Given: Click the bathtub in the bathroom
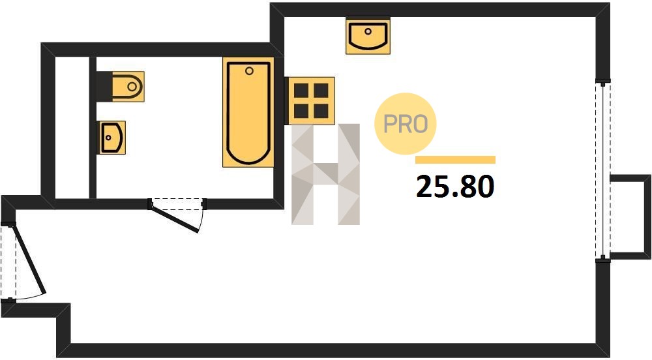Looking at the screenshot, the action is (248, 112).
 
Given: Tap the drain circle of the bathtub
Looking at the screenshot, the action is (249, 70).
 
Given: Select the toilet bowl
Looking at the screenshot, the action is (128, 87).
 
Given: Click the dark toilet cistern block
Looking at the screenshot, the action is (104, 87).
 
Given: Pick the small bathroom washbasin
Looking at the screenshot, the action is (112, 138).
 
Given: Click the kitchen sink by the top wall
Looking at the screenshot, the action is (368, 36).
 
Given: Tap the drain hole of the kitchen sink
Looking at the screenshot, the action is (368, 31).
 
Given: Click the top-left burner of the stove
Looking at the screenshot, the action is (301, 90).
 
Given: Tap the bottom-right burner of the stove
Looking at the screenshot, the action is (321, 111).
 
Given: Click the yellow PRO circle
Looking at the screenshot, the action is (406, 123).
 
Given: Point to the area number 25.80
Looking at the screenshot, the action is (455, 187).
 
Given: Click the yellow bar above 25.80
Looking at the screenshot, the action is (455, 160).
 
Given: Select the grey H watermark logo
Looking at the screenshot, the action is (325, 175).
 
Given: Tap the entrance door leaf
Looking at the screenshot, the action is (29, 260).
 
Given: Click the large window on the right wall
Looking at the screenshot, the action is (603, 170).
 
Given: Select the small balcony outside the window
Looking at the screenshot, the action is (630, 217).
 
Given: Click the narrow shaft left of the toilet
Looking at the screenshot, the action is (72, 128).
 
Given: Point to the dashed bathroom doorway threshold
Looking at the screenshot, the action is (177, 204).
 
